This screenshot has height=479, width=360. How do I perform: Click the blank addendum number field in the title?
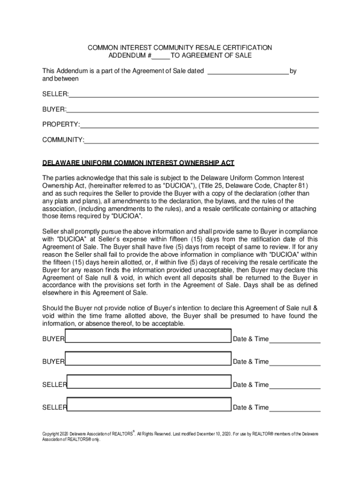161,56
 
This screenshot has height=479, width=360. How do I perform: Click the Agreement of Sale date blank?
248,71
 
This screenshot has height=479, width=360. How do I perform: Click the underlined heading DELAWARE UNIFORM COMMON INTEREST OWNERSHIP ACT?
138,163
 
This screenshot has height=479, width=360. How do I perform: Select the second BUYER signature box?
148,360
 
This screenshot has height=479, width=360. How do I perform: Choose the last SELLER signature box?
149,405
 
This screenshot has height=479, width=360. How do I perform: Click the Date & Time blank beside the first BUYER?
295,339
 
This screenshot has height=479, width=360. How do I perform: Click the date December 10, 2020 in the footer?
213,434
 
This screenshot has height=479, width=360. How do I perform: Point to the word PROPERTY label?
60,125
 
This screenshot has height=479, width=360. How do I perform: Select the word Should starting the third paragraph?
52,308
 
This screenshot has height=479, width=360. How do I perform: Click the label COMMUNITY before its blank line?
63,140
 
